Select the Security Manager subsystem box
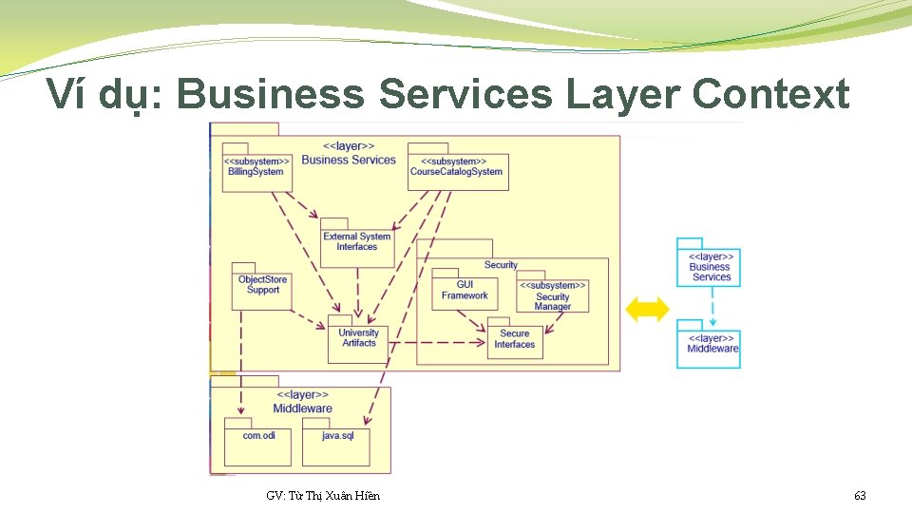point(552,296)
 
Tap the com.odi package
point(258,440)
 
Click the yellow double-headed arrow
point(648,309)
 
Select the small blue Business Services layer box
point(710,266)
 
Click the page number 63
point(860,496)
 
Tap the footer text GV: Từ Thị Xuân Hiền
point(323,496)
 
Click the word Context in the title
point(770,95)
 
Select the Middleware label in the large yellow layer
point(302,408)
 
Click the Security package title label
point(501,265)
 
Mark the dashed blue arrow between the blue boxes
point(712,306)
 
